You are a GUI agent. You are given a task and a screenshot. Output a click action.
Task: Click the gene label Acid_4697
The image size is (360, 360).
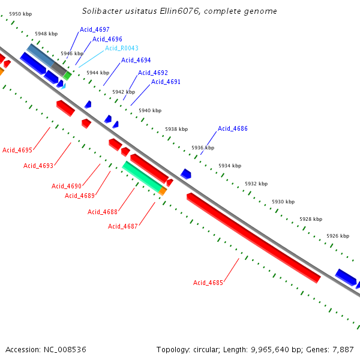[x=95, y=29]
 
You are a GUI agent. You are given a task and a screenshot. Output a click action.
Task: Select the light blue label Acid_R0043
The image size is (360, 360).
[x=122, y=48]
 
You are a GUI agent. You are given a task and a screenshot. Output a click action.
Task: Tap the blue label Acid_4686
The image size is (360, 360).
[x=233, y=128]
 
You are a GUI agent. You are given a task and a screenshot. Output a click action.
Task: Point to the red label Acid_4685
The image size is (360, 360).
[x=208, y=283]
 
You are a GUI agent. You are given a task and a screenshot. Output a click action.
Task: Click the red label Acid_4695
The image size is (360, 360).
[x=17, y=150]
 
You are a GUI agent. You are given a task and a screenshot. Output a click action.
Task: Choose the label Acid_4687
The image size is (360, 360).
[x=123, y=226]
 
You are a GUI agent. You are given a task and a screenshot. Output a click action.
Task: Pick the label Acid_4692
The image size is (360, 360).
[x=153, y=73]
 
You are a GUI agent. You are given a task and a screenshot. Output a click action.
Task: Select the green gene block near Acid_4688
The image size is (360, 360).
[x=142, y=176]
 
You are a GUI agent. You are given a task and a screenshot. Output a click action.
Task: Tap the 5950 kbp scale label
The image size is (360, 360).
[x=20, y=13]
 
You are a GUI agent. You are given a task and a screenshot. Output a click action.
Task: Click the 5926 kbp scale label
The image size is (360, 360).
[x=338, y=236]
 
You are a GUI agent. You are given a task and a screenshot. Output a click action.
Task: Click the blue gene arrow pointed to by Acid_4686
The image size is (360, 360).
[x=186, y=174]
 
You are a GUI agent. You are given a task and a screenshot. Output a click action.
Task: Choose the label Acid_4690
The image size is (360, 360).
[x=67, y=186]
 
